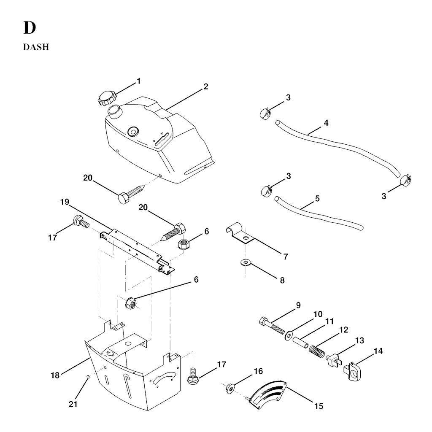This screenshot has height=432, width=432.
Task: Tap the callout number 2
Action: tap(206, 86)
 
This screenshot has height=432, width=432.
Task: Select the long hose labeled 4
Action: tap(337, 148)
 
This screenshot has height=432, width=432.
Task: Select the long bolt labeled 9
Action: tap(272, 326)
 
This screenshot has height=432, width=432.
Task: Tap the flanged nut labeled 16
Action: tap(230, 388)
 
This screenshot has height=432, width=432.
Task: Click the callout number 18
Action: tap(55, 375)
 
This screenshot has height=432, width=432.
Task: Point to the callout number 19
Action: tap(65, 202)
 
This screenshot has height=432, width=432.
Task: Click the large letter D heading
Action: tap(30, 27)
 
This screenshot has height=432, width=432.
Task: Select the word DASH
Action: tap(36, 47)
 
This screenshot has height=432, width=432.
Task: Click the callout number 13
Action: tap(359, 340)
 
